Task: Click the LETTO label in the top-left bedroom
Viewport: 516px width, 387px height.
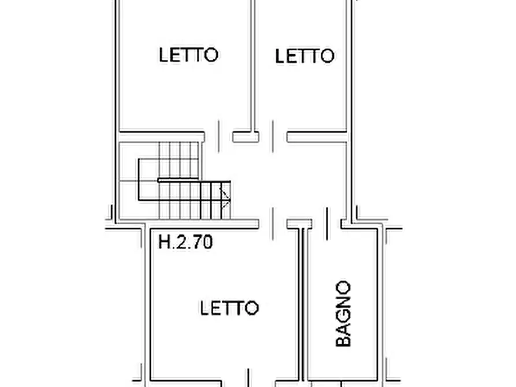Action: [188, 55]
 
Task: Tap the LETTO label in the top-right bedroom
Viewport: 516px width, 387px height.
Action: [305, 56]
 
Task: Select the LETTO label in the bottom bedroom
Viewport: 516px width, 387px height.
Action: [230, 308]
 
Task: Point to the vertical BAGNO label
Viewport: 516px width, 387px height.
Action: [343, 313]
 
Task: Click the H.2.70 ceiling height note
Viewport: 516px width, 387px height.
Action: [185, 242]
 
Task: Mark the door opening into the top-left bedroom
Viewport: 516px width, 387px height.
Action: [219, 136]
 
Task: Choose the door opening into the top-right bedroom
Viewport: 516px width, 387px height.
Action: [273, 136]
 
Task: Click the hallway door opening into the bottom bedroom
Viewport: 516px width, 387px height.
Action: [273, 224]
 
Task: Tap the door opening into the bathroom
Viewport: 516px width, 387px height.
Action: [326, 224]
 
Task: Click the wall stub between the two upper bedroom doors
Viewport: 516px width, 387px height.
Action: [246, 137]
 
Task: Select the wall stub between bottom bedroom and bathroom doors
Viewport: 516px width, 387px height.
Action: [299, 224]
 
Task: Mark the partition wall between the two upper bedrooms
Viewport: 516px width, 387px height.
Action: [253, 66]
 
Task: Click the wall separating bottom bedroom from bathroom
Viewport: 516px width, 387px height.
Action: [302, 303]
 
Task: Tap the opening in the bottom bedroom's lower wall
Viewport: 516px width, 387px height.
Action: [248, 383]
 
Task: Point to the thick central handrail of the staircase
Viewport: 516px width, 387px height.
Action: [178, 180]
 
